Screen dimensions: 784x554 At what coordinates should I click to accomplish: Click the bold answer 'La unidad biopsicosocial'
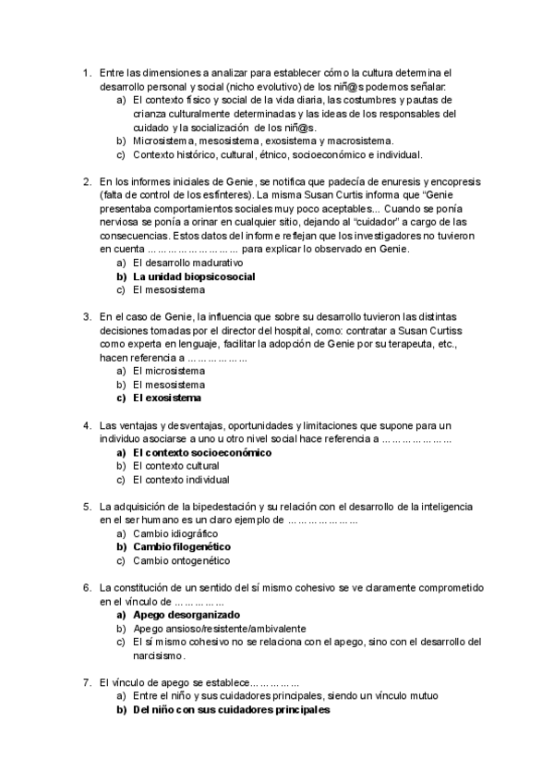[194, 276]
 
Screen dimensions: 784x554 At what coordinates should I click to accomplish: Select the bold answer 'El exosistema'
[166, 398]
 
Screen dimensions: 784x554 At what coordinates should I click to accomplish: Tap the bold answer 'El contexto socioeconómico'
[202, 453]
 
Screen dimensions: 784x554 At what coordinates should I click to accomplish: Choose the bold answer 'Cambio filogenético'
[181, 546]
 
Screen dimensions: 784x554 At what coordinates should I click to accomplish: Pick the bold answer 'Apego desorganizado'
[186, 614]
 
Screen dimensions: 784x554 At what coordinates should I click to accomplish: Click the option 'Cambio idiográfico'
[175, 533]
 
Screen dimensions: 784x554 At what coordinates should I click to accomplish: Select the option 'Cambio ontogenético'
[181, 560]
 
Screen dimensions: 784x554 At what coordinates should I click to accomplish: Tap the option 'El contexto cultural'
[175, 467]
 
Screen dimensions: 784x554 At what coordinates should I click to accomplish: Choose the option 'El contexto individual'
[181, 480]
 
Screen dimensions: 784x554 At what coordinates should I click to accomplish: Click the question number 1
[86, 72]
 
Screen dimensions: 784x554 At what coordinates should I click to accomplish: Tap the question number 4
[86, 425]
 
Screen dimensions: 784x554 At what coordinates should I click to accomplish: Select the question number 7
[86, 682]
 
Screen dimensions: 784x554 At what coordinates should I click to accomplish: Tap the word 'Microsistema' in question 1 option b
[163, 141]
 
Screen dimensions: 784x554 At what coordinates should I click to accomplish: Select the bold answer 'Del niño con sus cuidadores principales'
[231, 710]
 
